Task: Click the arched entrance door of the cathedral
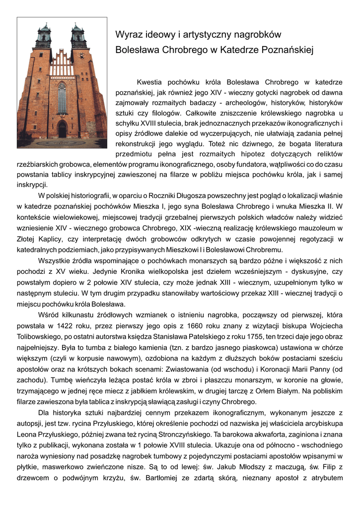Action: click(x=62, y=130)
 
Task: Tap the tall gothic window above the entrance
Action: click(x=62, y=98)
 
